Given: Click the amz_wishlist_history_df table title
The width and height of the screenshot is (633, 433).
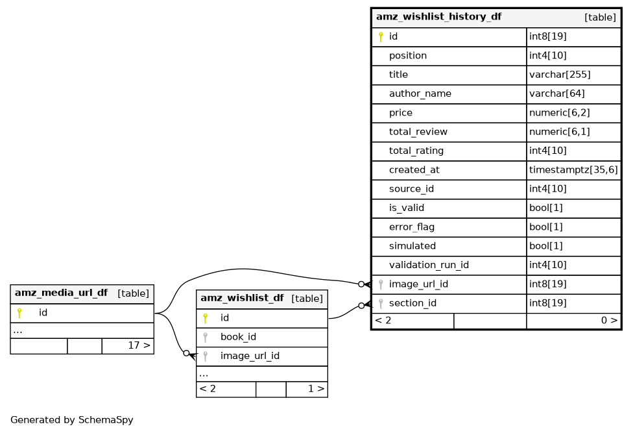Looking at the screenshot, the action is (438, 17).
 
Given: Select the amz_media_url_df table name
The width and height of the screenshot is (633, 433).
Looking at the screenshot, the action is (62, 293).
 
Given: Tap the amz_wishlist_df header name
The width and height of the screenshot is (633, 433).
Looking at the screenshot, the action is (242, 298).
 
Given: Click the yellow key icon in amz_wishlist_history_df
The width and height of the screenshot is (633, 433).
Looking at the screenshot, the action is (381, 37).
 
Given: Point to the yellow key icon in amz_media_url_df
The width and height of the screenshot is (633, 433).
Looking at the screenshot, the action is (19, 313).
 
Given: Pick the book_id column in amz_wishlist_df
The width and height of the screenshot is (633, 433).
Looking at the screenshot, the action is (238, 337).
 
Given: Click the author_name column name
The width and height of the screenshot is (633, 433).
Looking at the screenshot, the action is (420, 93).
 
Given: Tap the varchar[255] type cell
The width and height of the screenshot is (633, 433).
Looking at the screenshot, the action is (560, 75).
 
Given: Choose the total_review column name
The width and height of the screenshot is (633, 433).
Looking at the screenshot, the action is (418, 132).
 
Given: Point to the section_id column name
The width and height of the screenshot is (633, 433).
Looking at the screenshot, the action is (412, 303).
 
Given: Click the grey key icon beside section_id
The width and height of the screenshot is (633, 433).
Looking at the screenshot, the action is (381, 303).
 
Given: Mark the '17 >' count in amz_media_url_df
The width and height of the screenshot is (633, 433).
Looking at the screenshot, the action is (139, 345).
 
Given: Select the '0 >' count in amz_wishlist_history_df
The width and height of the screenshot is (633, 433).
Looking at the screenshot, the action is (609, 320).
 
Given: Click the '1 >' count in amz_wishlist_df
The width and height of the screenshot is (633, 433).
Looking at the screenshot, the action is (316, 389).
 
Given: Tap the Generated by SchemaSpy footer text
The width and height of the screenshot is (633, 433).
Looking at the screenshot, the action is (72, 420).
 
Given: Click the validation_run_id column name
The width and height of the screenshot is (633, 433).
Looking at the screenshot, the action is (429, 265).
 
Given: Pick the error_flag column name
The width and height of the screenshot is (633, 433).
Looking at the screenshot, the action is (411, 227).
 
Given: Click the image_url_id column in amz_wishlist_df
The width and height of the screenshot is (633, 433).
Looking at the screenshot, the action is (250, 356).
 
